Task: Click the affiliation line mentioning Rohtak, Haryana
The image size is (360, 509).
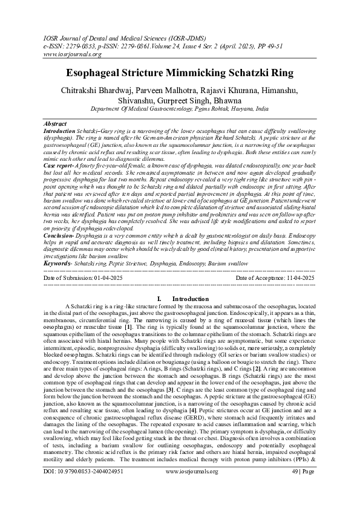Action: tap(180, 111)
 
